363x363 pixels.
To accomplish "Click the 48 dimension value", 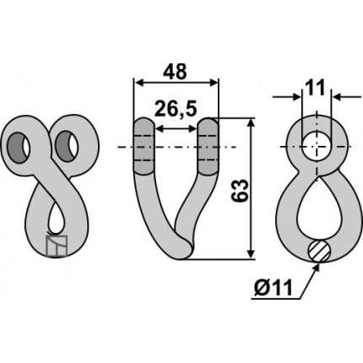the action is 175,72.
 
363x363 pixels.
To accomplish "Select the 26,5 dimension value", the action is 176,109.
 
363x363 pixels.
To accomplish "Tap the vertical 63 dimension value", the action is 240,191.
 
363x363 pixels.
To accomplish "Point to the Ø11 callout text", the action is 274,288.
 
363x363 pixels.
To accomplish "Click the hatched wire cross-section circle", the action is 319,251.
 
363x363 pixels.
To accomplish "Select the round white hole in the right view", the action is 317,147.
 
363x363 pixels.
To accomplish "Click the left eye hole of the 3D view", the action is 19,147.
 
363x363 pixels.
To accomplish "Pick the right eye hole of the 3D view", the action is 67,146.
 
